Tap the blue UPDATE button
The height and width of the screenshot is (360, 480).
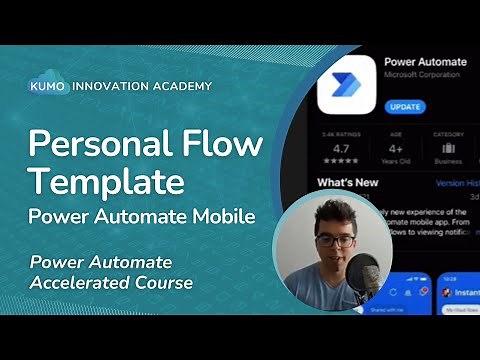404,106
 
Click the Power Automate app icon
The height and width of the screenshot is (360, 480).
346,84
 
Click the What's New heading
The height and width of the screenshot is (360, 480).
346,183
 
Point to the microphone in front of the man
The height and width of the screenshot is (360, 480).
364,275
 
